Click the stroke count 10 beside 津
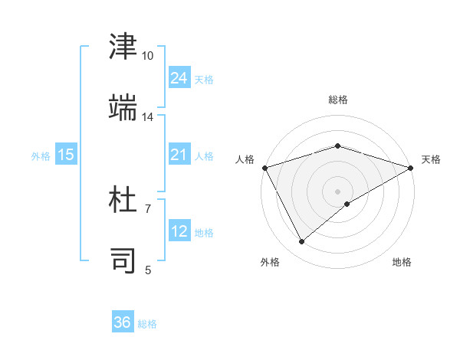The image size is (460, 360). click(x=147, y=56)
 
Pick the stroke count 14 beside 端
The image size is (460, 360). click(x=147, y=117)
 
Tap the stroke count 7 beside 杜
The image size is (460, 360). click(x=147, y=208)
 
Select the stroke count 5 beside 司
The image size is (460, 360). click(x=147, y=269)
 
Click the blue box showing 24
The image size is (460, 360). click(x=179, y=78)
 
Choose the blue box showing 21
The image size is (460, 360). click(x=179, y=155)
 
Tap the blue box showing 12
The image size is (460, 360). click(x=179, y=231)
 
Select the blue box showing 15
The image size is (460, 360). click(x=66, y=155)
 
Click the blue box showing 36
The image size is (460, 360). click(x=123, y=322)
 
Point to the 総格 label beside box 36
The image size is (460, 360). click(x=147, y=324)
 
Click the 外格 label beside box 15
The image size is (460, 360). click(x=41, y=155)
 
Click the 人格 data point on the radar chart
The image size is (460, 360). click(x=264, y=168)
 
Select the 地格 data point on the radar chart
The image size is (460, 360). click(x=347, y=204)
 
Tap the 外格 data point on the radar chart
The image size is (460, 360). click(x=302, y=242)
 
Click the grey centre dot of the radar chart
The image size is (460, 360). click(x=337, y=191)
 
